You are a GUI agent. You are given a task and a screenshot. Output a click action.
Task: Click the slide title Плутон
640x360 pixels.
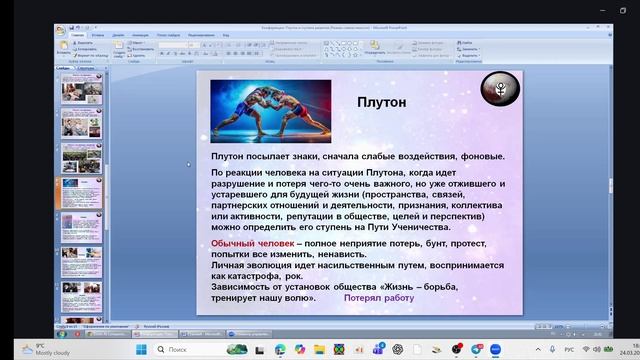click(x=383, y=102)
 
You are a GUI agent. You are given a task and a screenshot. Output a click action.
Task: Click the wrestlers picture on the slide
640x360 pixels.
click(x=271, y=111)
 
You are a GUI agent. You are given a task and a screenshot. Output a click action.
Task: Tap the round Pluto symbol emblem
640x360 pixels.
click(x=500, y=93)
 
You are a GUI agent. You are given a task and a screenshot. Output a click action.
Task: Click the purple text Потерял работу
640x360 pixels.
click(x=378, y=298)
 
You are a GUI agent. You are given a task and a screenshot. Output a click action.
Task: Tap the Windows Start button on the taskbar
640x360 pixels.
click(x=140, y=349)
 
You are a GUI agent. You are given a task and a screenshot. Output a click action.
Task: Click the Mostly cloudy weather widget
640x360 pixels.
click(x=30, y=349)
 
